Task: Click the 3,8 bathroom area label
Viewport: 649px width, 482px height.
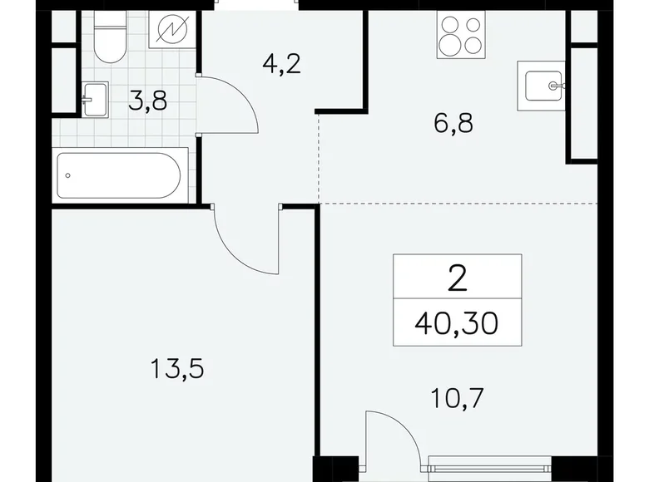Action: pos(149,104)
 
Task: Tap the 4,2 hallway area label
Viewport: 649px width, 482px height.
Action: pos(258,64)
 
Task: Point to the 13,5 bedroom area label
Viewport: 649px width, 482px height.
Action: pos(177,367)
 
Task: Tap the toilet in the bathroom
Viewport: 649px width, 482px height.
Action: pos(107,39)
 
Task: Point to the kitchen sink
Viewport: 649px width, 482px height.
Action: pos(541,85)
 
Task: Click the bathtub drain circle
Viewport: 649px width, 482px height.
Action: pos(69,175)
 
